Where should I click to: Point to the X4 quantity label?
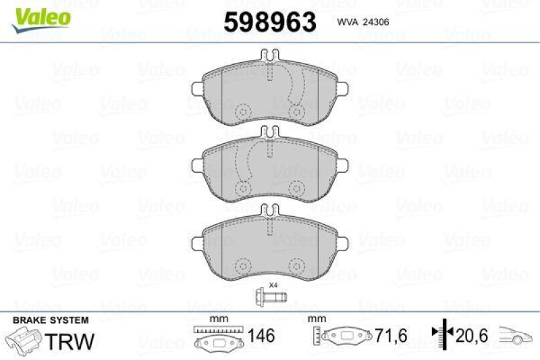(x=273, y=285)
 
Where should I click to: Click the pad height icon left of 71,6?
(x=343, y=336)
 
